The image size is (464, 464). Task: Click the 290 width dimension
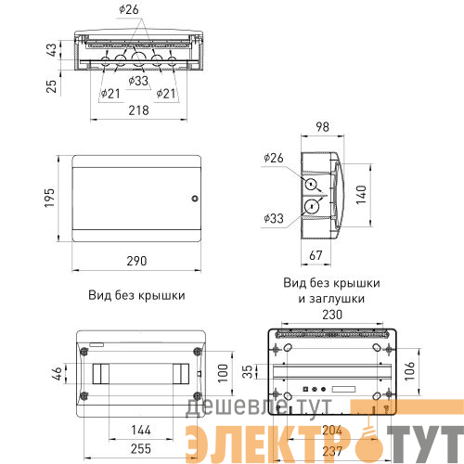click(x=136, y=261)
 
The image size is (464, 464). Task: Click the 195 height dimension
click(x=49, y=198)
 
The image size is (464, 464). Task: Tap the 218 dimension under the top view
click(x=138, y=110)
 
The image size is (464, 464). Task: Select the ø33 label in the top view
click(x=138, y=81)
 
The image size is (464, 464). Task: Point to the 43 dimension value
click(x=52, y=50)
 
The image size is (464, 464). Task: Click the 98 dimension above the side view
click(x=322, y=127)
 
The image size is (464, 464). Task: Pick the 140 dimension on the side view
click(x=361, y=195)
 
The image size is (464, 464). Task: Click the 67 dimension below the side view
click(x=316, y=255)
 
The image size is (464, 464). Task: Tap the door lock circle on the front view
click(x=195, y=199)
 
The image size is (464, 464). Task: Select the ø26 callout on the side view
click(x=274, y=158)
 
